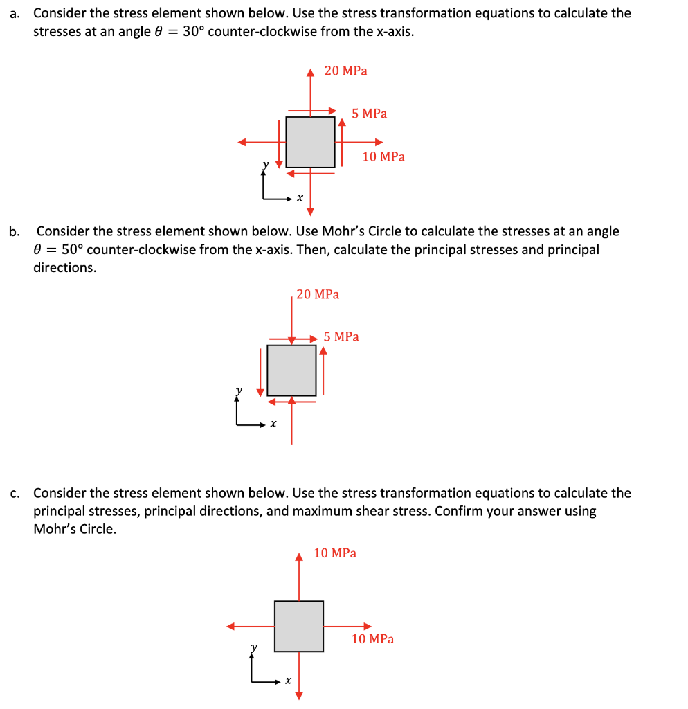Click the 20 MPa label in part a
[x=345, y=71]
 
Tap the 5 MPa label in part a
[x=369, y=114]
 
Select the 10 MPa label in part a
[x=383, y=157]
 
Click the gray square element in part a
[x=310, y=142]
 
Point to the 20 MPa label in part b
[x=318, y=294]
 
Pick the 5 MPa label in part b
[x=341, y=337]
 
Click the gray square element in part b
[x=291, y=370]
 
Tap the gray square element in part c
[x=298, y=626]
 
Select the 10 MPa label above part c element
[x=335, y=553]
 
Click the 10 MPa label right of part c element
[x=372, y=639]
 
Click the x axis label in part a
[x=299, y=199]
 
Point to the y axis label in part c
[x=254, y=647]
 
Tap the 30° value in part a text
[x=194, y=32]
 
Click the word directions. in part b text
[x=65, y=268]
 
